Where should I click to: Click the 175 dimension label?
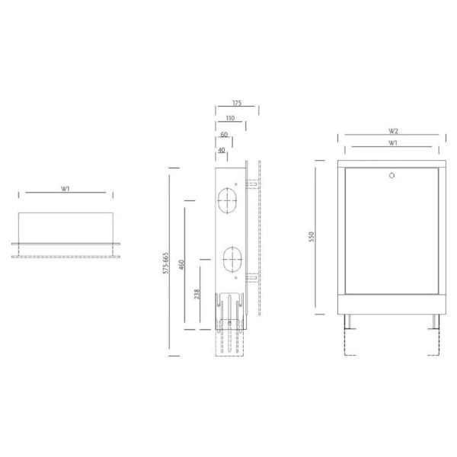(237, 103)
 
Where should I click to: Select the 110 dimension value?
(230, 118)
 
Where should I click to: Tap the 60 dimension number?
(224, 134)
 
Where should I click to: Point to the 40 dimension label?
(222, 150)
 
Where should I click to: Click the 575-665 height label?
(165, 263)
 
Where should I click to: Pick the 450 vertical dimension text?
(181, 264)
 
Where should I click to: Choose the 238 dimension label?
(197, 294)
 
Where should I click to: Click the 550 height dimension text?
(312, 237)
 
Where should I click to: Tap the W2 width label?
(393, 131)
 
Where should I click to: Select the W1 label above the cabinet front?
(393, 143)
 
